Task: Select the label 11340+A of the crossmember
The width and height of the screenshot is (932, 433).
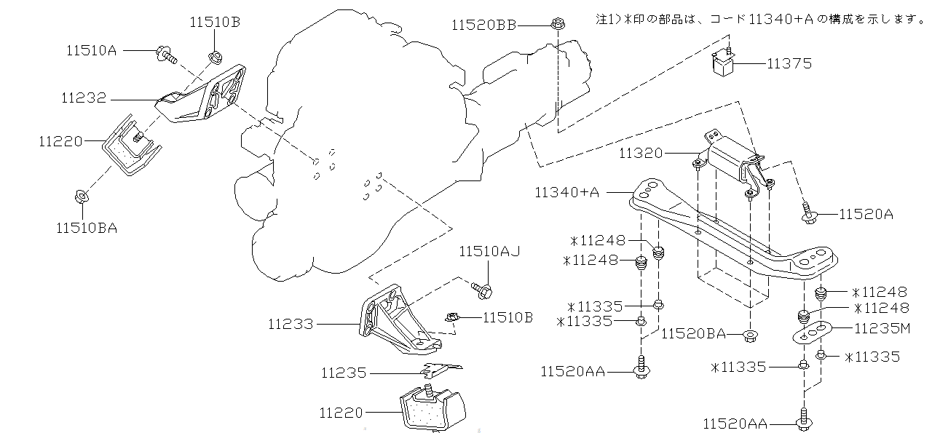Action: tap(566, 192)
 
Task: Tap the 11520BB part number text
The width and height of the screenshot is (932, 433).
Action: tap(483, 25)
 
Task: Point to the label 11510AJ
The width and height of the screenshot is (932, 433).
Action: tap(489, 252)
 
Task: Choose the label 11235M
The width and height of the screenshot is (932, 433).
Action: tap(882, 328)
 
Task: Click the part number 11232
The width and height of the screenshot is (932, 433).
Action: tap(84, 98)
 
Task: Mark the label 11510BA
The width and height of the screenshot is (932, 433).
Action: tap(87, 228)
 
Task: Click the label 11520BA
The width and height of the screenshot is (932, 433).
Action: tap(694, 334)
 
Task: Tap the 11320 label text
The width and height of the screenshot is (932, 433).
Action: tap(641, 154)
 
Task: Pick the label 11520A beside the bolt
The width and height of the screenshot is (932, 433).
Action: tap(866, 214)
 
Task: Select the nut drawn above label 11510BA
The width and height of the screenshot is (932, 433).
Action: tap(82, 196)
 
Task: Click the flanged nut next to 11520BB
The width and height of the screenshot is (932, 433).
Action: tap(556, 23)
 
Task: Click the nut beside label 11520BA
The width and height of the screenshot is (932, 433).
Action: tap(749, 335)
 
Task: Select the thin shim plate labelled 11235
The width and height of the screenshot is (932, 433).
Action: tap(435, 372)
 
